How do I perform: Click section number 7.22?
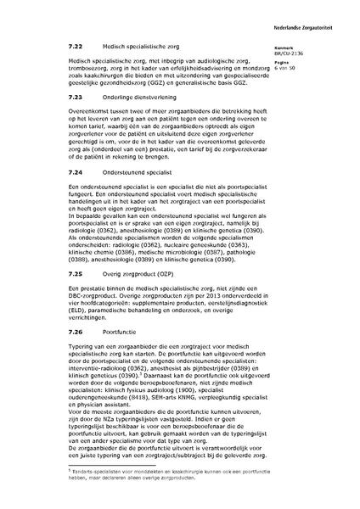pos(76,47)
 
